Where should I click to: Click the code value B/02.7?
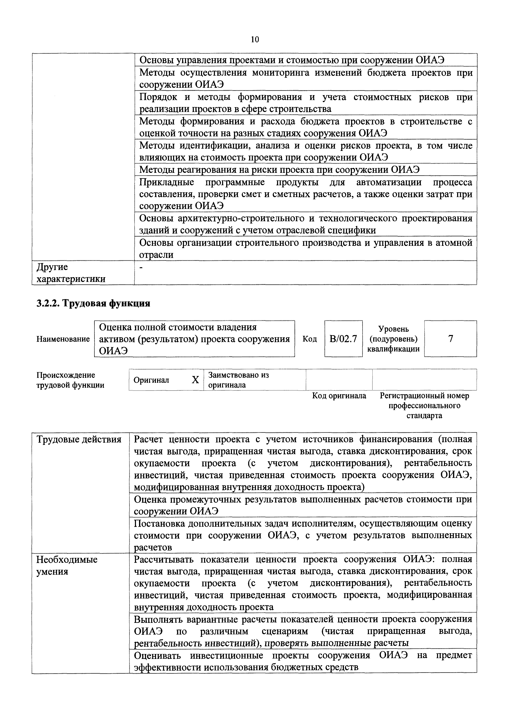click(x=343, y=339)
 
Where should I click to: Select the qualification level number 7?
click(x=450, y=339)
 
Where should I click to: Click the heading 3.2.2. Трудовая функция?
click(x=93, y=303)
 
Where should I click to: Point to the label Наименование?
click(x=63, y=339)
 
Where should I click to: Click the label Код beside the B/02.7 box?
click(x=310, y=339)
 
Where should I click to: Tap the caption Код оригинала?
click(x=339, y=396)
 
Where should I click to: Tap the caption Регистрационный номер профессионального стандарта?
click(x=424, y=406)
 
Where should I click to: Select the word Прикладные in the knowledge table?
click(x=167, y=182)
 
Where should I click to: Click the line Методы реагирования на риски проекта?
click(x=279, y=170)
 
